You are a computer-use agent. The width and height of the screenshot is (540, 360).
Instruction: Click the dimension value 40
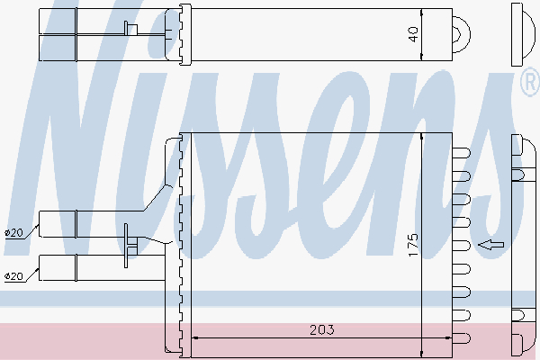coord(413,34)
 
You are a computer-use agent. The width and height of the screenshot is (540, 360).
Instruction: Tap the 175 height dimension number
coord(413,245)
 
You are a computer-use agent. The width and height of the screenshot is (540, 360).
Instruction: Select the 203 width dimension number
coord(321,330)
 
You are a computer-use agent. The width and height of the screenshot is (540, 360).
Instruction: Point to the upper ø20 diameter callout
coord(14,232)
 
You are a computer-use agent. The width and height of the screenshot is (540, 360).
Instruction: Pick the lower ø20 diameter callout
coord(14,276)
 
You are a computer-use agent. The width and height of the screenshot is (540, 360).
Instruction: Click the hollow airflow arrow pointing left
coord(491,245)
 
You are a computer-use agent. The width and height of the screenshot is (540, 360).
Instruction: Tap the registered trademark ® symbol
coord(531,82)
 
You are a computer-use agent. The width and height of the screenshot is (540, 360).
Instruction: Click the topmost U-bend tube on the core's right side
coord(461,153)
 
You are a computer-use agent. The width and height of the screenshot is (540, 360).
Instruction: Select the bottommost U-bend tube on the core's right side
coord(461,338)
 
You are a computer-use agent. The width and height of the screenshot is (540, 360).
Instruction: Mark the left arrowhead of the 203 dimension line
coord(194,338)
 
